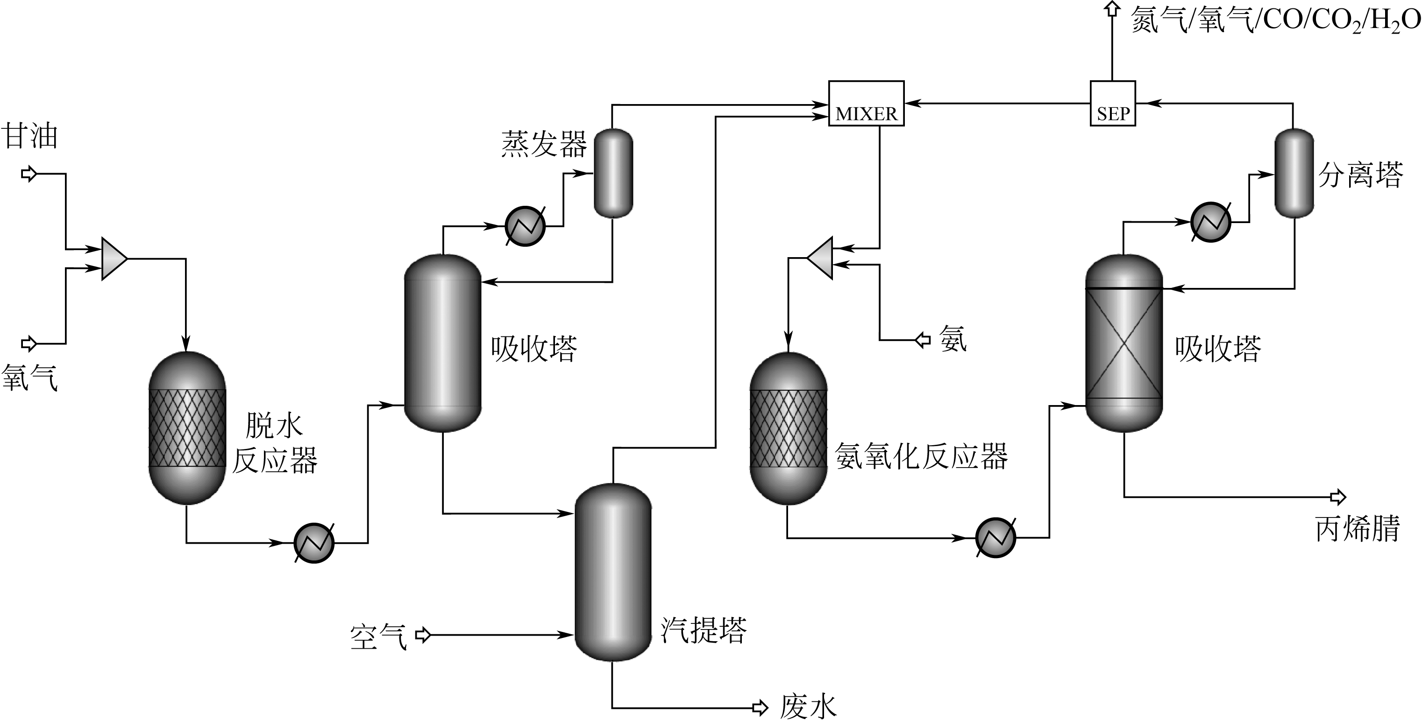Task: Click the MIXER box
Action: [x=866, y=104]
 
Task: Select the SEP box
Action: [x=1112, y=104]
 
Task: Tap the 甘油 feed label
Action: [x=30, y=136]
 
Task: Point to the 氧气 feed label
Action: [x=30, y=378]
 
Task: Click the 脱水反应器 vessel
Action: [x=188, y=428]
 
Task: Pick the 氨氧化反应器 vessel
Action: [x=788, y=428]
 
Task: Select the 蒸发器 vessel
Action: [x=613, y=173]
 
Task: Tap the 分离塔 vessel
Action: [x=1294, y=173]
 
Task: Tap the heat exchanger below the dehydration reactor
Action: [x=314, y=543]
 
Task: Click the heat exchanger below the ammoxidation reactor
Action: [x=996, y=537]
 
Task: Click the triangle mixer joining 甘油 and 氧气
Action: [x=114, y=258]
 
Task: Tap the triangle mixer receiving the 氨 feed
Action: [x=821, y=258]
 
